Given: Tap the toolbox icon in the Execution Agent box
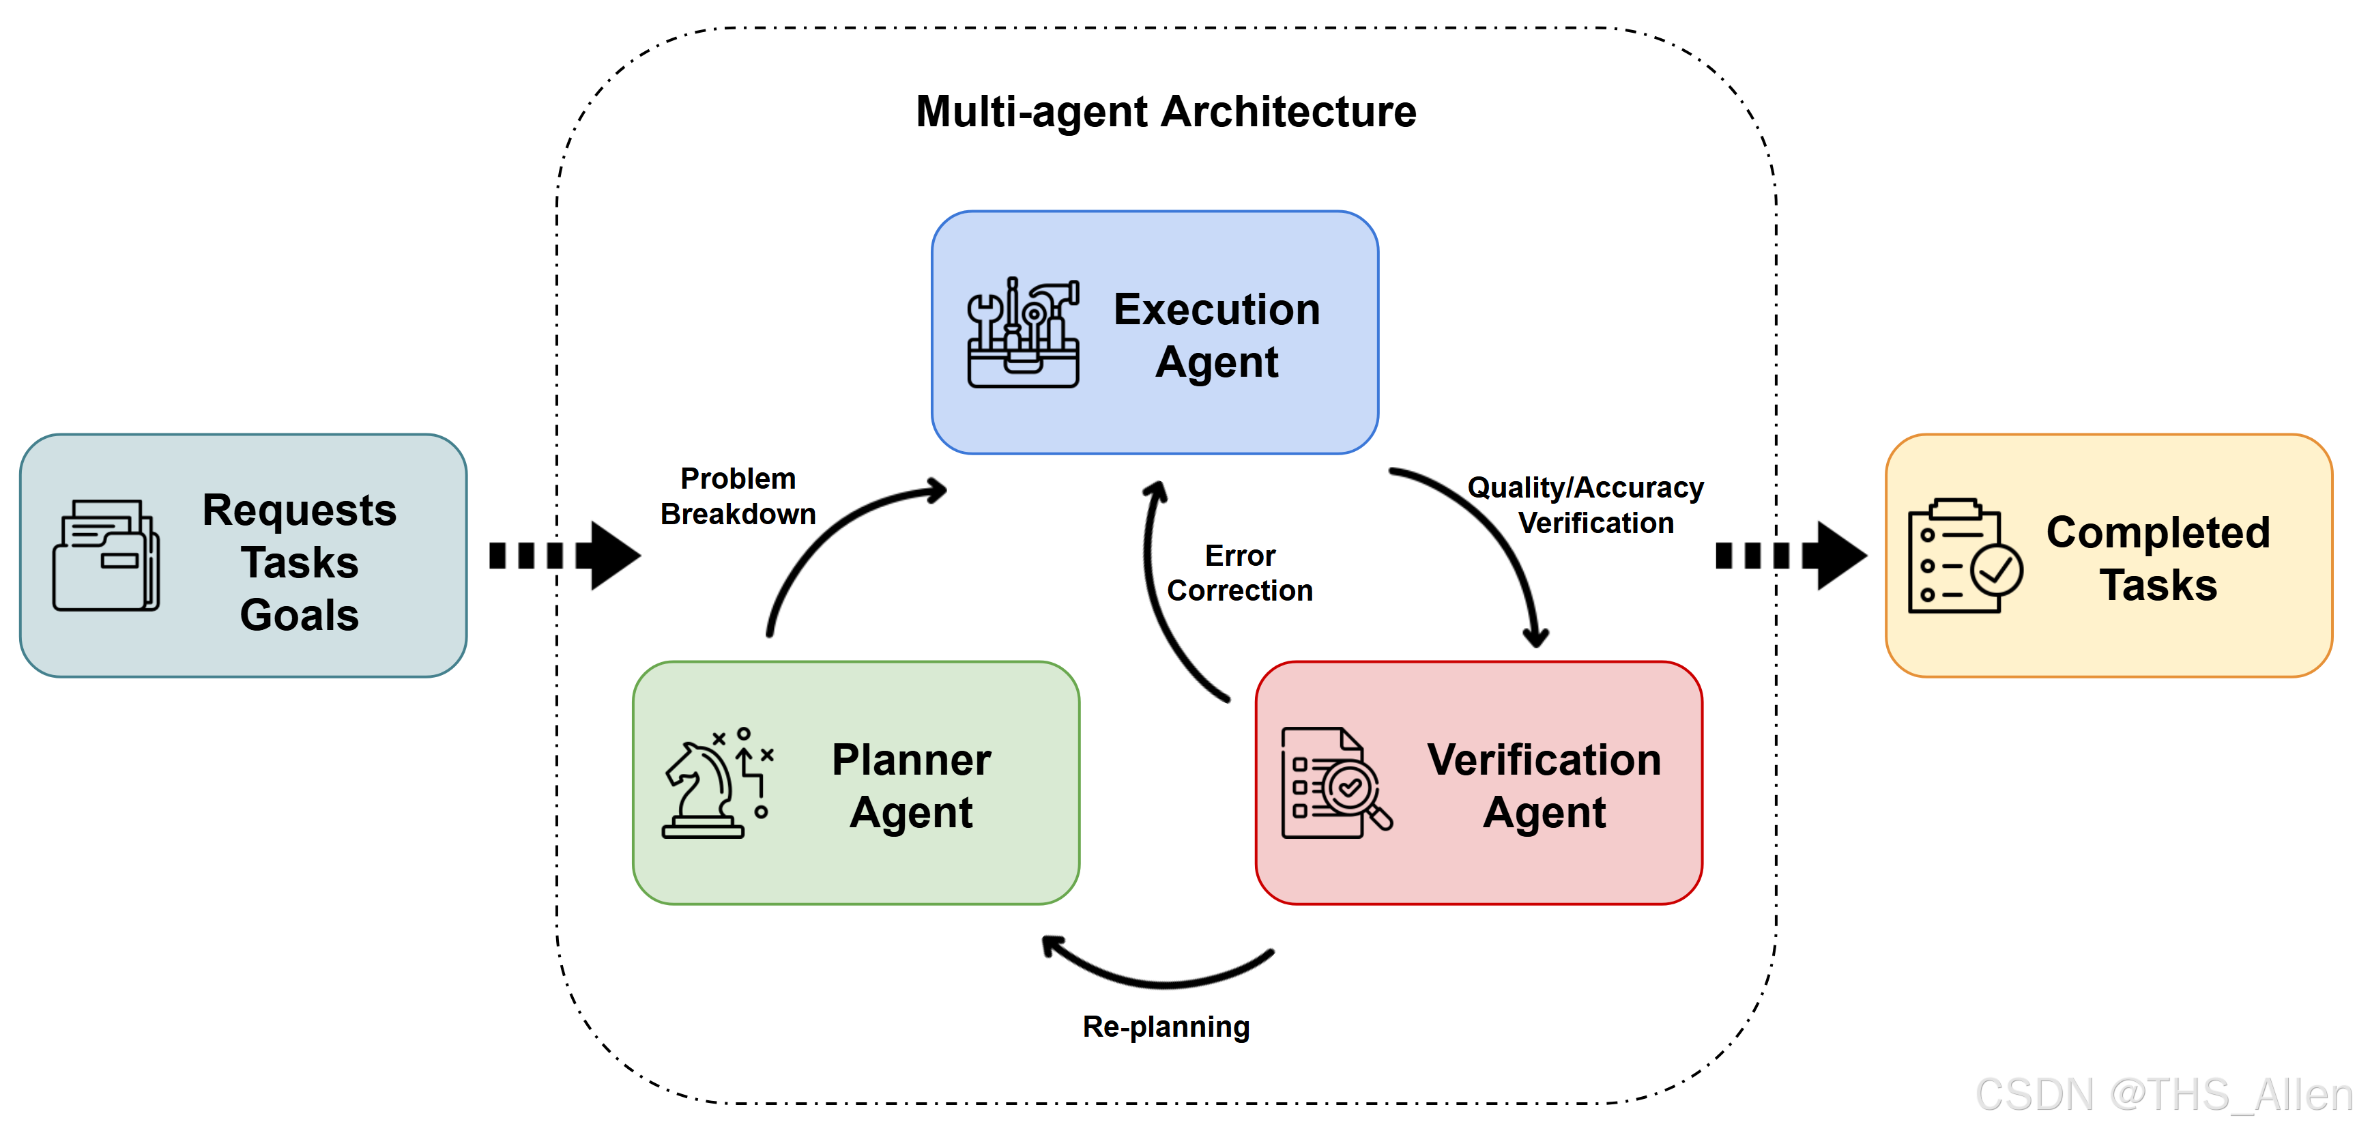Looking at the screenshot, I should pos(1023,333).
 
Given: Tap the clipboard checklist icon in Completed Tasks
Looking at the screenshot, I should pos(1963,556).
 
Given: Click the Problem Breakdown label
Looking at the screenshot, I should pos(738,496).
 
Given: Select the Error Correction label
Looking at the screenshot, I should pos(1240,573).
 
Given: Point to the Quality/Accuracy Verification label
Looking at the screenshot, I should pos(1586,504).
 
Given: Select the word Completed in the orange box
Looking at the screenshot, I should pos(2158,532).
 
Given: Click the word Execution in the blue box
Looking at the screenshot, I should pos(1216,309).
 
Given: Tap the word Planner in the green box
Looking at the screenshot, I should pos(910,760).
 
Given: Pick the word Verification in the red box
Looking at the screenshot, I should pos(1544,760).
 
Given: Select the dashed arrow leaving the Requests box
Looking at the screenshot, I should pos(564,556).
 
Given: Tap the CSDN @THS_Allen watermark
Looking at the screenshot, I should pos(2163,1095).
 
